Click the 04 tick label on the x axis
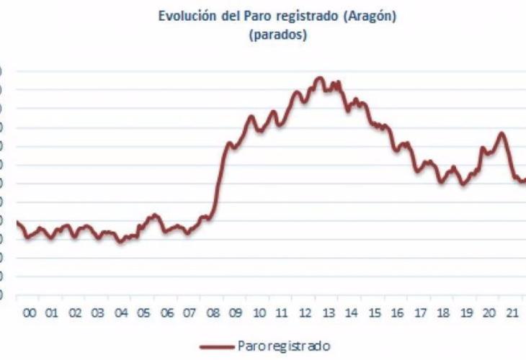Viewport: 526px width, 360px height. point(120,314)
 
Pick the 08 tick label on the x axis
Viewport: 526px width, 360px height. point(213,314)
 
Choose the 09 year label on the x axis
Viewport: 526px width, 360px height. point(236,314)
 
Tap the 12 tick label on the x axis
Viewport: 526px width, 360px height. point(306,314)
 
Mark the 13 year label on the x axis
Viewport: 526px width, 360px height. point(329,314)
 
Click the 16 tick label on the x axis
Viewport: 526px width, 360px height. point(398,314)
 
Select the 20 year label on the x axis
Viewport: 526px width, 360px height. point(490,314)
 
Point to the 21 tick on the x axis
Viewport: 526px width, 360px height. point(512,314)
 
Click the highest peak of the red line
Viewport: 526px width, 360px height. point(321,78)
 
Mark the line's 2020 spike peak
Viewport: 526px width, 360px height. point(502,133)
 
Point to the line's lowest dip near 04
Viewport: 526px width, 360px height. point(121,242)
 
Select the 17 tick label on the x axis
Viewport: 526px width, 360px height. point(421,314)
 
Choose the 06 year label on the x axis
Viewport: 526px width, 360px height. point(166,314)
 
